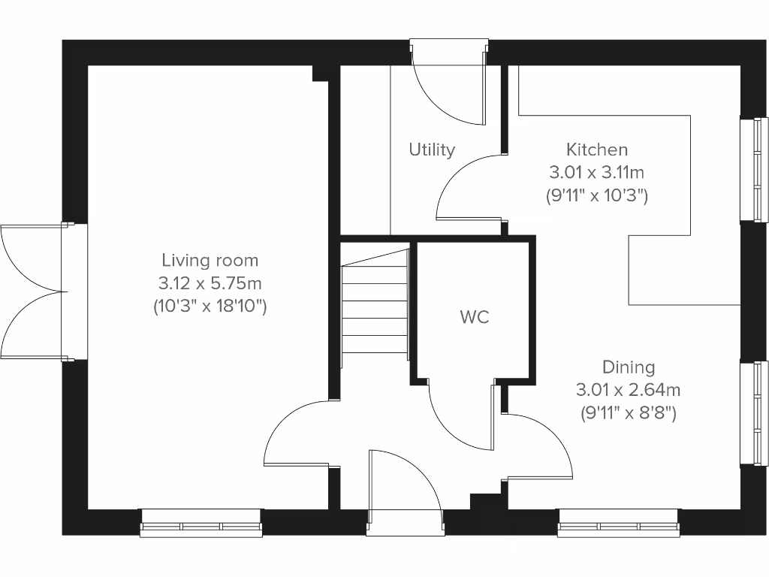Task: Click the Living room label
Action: click(210, 260)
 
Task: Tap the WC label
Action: click(475, 317)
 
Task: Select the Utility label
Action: click(432, 150)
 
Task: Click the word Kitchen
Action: click(597, 150)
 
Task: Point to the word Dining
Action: click(629, 367)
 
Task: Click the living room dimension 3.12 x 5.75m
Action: click(210, 283)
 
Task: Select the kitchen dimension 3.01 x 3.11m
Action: click(597, 173)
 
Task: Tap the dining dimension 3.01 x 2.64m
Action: click(629, 390)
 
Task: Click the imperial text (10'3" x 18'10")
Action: click(210, 307)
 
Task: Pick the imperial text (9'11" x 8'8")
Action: click(629, 412)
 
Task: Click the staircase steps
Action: click(375, 308)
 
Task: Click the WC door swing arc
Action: click(458, 417)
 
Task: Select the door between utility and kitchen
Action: click(469, 184)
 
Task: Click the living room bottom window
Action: click(201, 523)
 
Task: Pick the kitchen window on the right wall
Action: click(753, 170)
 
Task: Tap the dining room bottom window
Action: click(619, 523)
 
